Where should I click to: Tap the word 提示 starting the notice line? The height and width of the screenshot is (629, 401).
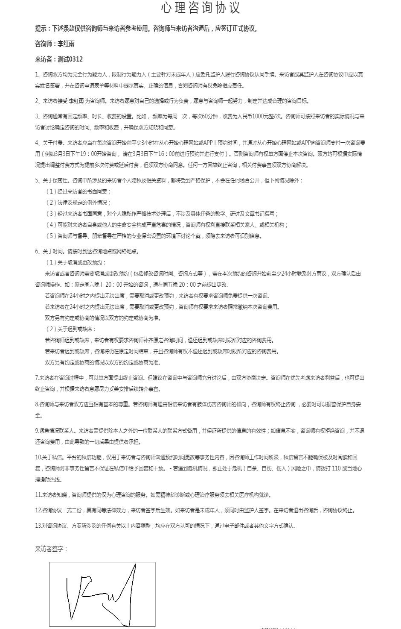click(41, 29)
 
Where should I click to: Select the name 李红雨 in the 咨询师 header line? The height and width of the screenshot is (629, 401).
click(66, 44)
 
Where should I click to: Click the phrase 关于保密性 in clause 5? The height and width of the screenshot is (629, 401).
click(56, 180)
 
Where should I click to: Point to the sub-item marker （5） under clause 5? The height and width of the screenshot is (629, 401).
click(51, 236)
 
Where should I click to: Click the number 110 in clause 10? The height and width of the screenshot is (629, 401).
click(335, 468)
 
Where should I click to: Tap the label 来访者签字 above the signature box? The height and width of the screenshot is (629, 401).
click(50, 549)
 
